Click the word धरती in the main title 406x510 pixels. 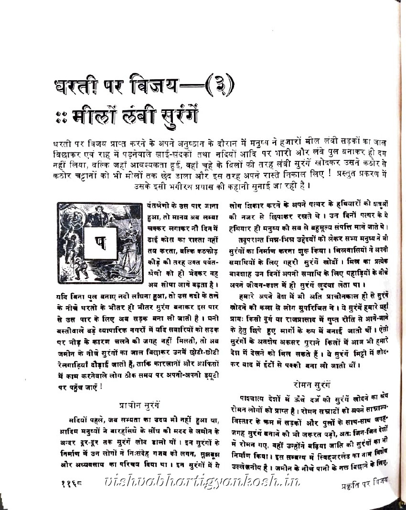[79, 89]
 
